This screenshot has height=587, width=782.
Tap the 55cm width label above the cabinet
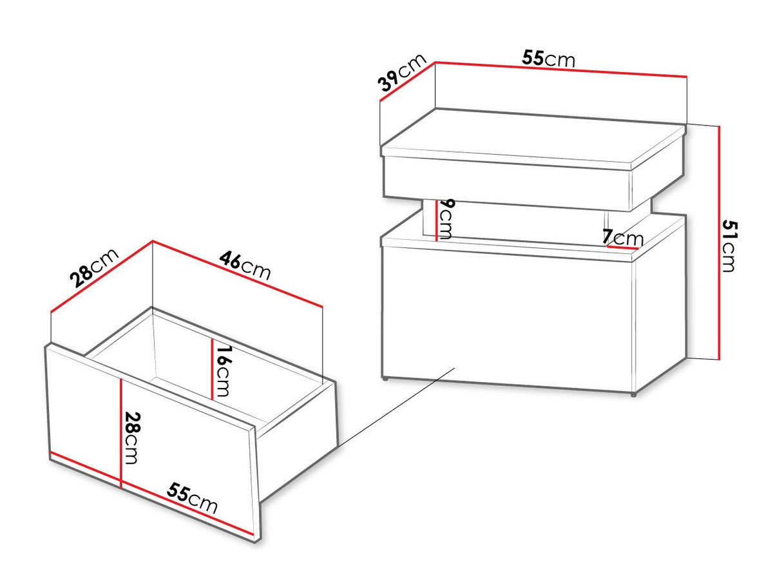549,59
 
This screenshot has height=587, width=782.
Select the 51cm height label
730,246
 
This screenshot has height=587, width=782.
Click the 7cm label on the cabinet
623,238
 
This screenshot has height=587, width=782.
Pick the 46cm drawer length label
245,265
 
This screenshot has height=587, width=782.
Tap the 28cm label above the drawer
94,267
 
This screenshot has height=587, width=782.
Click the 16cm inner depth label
223,371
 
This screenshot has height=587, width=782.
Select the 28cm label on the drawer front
131,438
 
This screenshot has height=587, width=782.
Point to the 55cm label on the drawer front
192,498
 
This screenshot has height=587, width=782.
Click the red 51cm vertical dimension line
720,242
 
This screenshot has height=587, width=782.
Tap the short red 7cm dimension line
623,247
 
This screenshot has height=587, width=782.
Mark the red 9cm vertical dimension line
437,220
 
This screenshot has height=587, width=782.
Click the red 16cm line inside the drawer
212,369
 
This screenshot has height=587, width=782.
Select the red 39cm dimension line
407,82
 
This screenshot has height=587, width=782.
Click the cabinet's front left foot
385,379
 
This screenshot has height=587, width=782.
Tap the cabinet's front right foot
633,394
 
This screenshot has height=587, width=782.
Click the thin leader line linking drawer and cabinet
396,407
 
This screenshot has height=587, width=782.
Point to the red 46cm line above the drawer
238,274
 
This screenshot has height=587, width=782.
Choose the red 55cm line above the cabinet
561,69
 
